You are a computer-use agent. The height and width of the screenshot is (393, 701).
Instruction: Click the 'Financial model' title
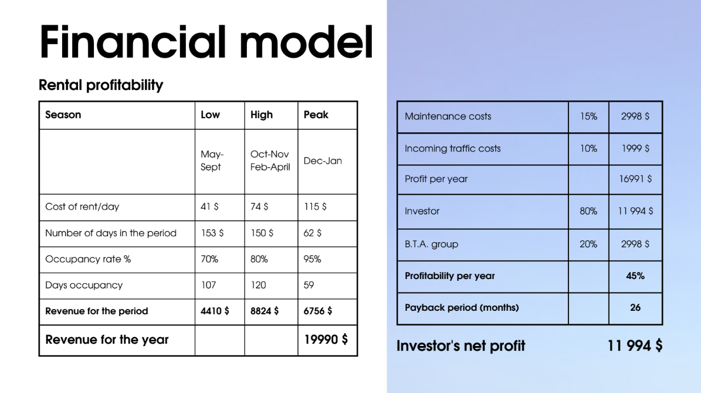click(x=206, y=42)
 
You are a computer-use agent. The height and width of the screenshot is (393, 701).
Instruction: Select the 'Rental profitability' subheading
click(x=100, y=85)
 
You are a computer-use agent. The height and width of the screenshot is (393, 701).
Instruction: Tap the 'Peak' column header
click(x=316, y=115)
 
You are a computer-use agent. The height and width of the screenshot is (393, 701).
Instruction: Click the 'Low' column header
click(x=210, y=115)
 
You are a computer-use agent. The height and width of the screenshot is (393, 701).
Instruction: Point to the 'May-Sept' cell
click(x=212, y=160)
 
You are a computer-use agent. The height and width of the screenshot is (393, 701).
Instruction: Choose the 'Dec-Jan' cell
click(x=322, y=161)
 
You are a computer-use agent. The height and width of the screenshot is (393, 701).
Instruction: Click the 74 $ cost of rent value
click(x=259, y=206)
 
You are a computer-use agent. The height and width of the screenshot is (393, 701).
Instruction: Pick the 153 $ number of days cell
click(x=212, y=233)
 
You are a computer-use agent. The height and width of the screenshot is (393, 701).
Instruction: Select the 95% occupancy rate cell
click(x=312, y=258)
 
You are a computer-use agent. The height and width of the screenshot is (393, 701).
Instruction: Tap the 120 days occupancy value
click(x=258, y=285)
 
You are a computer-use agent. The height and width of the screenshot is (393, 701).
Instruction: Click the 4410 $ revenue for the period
click(x=215, y=311)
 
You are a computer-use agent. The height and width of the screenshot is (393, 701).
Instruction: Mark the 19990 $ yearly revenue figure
click(x=326, y=340)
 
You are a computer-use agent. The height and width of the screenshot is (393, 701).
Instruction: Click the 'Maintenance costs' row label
click(x=448, y=116)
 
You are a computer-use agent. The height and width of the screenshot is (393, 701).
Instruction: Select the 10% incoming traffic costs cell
click(x=588, y=148)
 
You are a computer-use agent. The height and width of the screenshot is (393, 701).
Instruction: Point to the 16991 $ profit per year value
click(x=635, y=179)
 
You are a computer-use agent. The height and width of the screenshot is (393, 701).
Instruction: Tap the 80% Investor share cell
click(x=588, y=211)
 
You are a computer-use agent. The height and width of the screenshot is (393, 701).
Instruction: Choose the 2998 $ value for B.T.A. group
click(x=635, y=244)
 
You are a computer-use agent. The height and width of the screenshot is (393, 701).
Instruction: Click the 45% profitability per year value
click(x=635, y=276)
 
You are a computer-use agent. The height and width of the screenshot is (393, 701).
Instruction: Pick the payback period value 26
click(x=635, y=307)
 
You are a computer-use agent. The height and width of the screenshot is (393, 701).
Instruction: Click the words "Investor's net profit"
click(x=460, y=345)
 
